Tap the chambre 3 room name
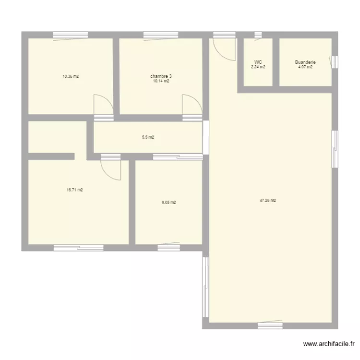(x=159, y=76)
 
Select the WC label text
(x=258, y=62)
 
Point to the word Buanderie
(x=305, y=62)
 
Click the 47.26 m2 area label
(x=267, y=201)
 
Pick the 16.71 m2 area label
(x=75, y=190)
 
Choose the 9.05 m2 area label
(x=168, y=203)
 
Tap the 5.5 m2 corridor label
(x=148, y=137)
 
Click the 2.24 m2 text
(x=258, y=67)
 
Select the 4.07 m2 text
(x=305, y=67)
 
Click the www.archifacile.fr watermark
(x=329, y=344)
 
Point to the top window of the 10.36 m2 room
(x=70, y=35)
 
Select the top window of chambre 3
(x=161, y=35)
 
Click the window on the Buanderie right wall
(x=335, y=62)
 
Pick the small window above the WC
(x=258, y=35)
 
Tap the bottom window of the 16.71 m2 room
(x=78, y=248)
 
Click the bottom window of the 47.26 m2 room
(x=270, y=325)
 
